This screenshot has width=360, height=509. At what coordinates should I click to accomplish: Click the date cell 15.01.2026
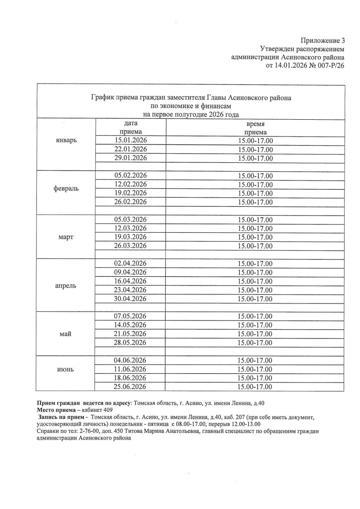pyautogui.click(x=131, y=140)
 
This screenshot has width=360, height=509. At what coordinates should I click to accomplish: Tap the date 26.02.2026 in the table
pyautogui.click(x=131, y=202)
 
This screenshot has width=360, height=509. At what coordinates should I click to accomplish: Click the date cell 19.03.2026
pyautogui.click(x=131, y=237)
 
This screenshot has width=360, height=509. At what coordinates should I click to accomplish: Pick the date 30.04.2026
pyautogui.click(x=131, y=299)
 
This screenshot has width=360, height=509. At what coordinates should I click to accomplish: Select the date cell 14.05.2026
pyautogui.click(x=131, y=325)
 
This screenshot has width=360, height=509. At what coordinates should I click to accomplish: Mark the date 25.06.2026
pyautogui.click(x=131, y=387)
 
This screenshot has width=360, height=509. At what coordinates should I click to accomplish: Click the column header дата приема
pyautogui.click(x=131, y=127)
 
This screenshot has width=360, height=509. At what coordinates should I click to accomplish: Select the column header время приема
pyautogui.click(x=256, y=127)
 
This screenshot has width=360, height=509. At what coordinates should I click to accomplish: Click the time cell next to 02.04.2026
pyautogui.click(x=256, y=264)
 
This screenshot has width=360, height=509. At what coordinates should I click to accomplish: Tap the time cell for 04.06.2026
pyautogui.click(x=256, y=360)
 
